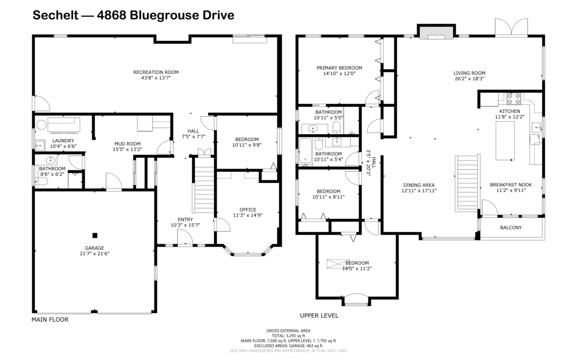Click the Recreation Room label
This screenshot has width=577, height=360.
(152, 72)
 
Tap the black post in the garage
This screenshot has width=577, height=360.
(95, 235)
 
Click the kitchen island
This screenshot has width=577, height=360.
(505, 141)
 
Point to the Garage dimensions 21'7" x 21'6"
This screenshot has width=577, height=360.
(95, 254)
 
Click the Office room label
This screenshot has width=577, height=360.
(248, 210)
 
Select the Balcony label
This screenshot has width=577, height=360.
(511, 228)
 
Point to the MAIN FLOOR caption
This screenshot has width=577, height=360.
(50, 320)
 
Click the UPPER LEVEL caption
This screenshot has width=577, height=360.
(319, 316)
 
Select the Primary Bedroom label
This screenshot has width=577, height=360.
(339, 68)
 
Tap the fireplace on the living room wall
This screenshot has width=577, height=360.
(436, 32)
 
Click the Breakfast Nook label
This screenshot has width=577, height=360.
(511, 185)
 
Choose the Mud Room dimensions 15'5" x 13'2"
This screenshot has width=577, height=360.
(127, 149)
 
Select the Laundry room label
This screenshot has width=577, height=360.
(63, 140)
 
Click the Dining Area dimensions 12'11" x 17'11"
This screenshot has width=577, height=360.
(418, 190)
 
